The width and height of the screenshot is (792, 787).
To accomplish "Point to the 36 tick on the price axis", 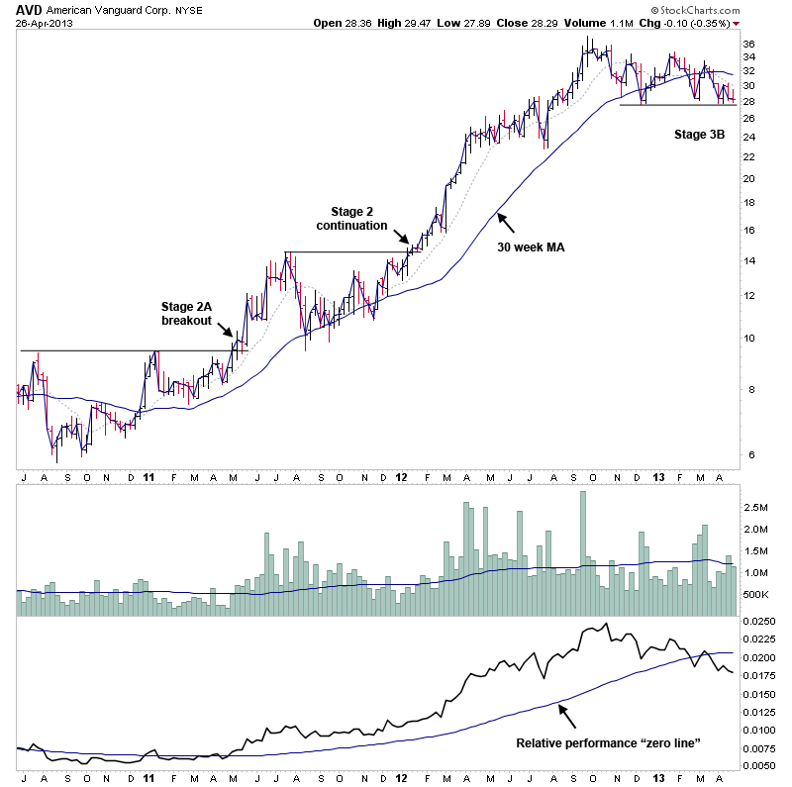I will point(749,44).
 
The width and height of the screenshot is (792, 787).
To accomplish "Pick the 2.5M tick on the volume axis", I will point(757,506).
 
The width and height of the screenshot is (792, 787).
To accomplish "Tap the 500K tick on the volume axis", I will point(757,594).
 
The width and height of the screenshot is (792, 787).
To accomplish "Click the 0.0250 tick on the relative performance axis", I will point(760,621).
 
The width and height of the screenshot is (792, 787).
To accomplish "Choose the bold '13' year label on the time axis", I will point(658,477).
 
